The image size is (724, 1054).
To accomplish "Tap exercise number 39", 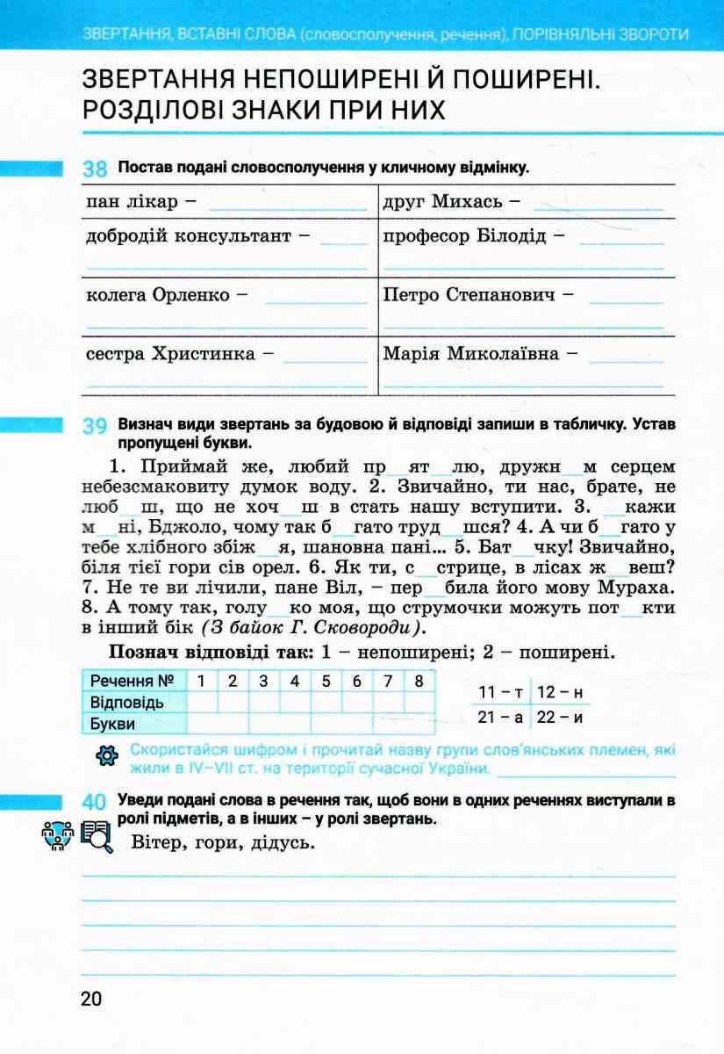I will (x=94, y=427).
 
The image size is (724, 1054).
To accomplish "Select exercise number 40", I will (x=94, y=802).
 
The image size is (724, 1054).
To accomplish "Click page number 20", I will (x=90, y=1000).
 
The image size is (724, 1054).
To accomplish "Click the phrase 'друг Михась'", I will (x=444, y=202).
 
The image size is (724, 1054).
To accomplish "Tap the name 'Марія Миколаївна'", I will (x=471, y=355).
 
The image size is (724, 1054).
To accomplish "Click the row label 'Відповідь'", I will (x=126, y=703).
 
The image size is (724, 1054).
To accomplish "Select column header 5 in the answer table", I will (x=326, y=681).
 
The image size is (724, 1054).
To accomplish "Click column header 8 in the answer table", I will (x=419, y=681).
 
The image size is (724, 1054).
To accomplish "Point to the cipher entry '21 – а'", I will (x=500, y=717).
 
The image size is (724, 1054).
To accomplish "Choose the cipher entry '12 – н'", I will (x=561, y=692).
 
